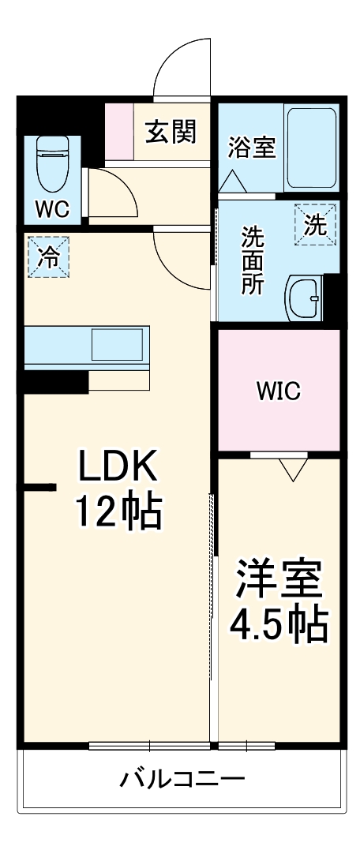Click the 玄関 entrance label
170,132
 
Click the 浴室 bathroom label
252,148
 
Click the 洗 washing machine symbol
316,225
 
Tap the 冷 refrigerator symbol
48,256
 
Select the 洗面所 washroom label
252,260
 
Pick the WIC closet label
278,391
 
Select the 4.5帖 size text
279,624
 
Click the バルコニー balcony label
182,780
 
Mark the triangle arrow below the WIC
294,470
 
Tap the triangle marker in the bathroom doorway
232,182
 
